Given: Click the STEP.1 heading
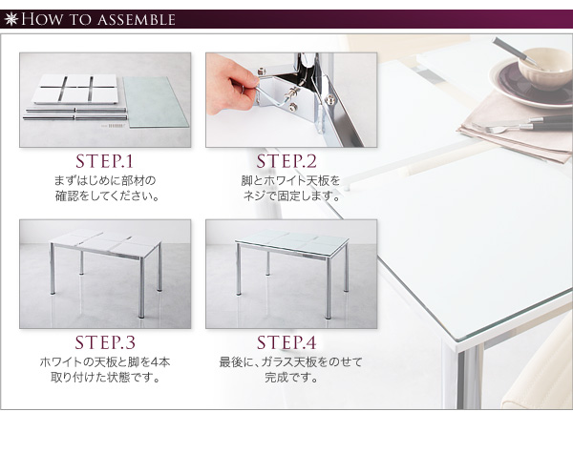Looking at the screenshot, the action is pyautogui.click(x=104, y=161).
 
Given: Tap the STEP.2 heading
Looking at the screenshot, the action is pyautogui.click(x=286, y=161).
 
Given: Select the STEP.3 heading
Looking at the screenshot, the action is pyautogui.click(x=105, y=342).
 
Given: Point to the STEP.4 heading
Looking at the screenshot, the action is pyautogui.click(x=286, y=342).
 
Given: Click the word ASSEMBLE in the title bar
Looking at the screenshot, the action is pyautogui.click(x=137, y=20).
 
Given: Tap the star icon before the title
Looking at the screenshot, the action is pyautogui.click(x=11, y=19).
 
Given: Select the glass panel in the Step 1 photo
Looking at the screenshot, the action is pyautogui.click(x=156, y=101).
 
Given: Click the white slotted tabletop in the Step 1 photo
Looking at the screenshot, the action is pyautogui.click(x=75, y=89).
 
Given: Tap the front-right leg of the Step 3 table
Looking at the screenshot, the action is pyautogui.click(x=141, y=288).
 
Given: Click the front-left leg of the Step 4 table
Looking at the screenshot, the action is pyautogui.click(x=239, y=269).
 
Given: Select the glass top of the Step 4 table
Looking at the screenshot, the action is pyautogui.click(x=292, y=239).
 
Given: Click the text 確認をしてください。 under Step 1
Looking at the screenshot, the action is pyautogui.click(x=108, y=196).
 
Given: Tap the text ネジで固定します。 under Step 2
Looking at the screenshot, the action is pyautogui.click(x=291, y=196).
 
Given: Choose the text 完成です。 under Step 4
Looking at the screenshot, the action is pyautogui.click(x=291, y=377).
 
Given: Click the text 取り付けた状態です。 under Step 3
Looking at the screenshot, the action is pyautogui.click(x=106, y=377).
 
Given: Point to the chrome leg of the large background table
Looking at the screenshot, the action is pyautogui.click(x=469, y=379).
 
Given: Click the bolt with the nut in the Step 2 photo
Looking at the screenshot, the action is pyautogui.click(x=291, y=94).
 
